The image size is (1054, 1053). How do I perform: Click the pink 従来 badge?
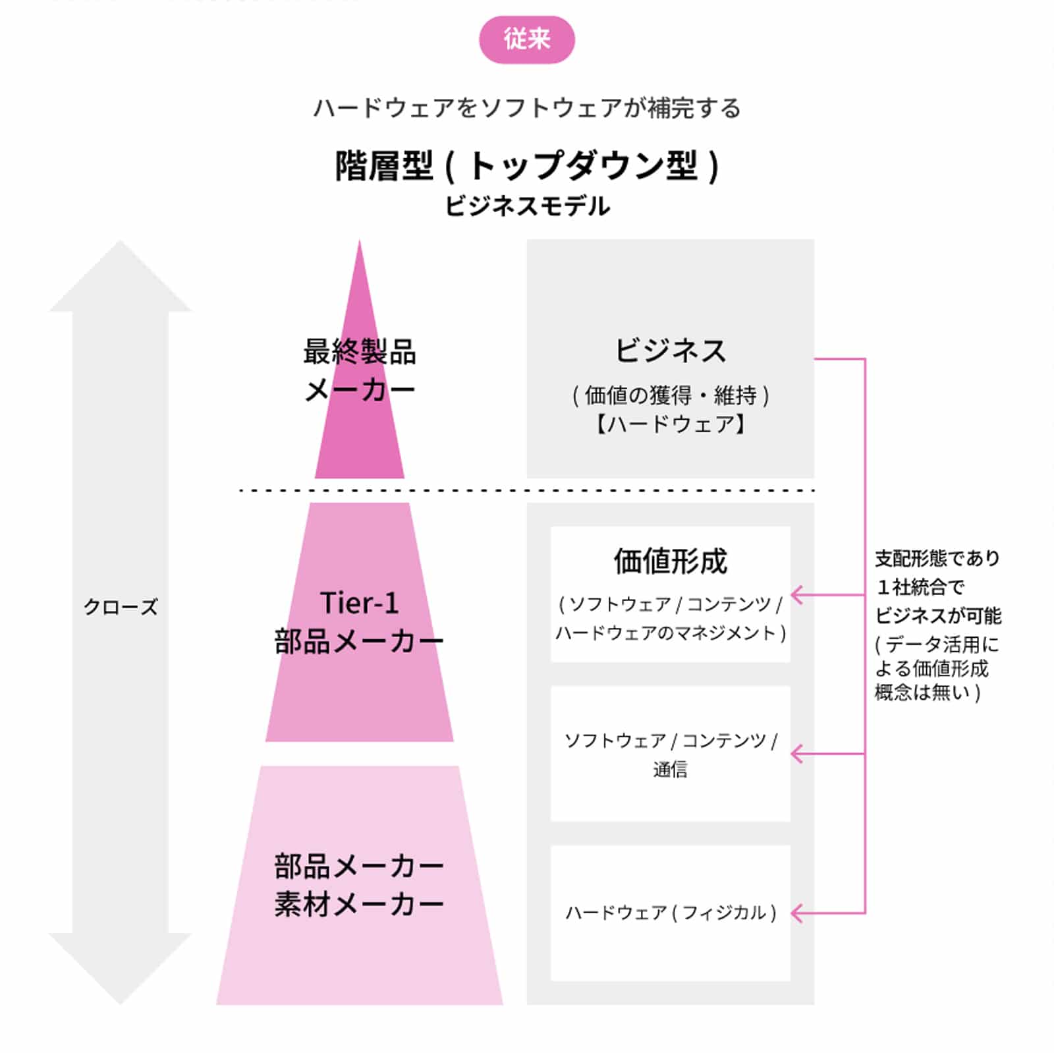click(x=526, y=40)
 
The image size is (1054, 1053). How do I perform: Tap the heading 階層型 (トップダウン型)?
click(x=526, y=165)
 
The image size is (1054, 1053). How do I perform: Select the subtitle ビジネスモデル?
click(x=526, y=206)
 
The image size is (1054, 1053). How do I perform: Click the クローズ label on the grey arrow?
click(x=121, y=607)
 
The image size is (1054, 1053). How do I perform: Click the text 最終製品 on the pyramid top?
click(x=359, y=352)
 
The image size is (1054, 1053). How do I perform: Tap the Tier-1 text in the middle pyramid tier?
click(x=359, y=603)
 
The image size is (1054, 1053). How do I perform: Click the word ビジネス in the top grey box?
click(x=670, y=351)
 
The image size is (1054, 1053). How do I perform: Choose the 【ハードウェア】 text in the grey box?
click(x=670, y=424)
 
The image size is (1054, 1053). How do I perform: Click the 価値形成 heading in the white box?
click(x=670, y=561)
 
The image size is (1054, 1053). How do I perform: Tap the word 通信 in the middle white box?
click(x=670, y=769)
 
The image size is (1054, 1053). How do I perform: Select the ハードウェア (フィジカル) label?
click(x=670, y=913)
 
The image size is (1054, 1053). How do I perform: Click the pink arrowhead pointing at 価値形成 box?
click(x=796, y=595)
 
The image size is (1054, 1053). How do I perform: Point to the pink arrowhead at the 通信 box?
click(x=796, y=754)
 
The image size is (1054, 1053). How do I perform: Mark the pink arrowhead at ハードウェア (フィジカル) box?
click(x=796, y=913)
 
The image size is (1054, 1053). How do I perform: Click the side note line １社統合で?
click(x=920, y=587)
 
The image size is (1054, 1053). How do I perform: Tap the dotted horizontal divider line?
click(x=526, y=490)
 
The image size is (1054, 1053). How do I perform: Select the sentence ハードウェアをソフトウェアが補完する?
click(x=526, y=108)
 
